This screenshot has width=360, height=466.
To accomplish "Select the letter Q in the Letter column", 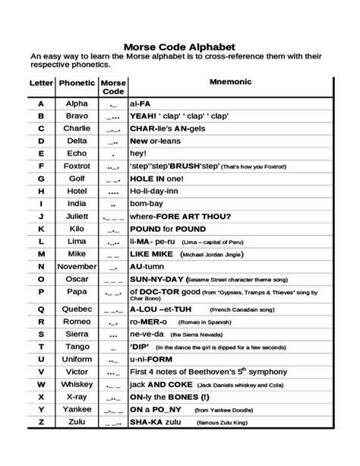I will click(41, 309).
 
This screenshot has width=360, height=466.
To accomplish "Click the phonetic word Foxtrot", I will click(77, 164).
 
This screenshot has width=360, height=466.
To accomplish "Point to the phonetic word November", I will click(77, 267).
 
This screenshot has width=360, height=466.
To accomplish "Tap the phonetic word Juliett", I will click(77, 216).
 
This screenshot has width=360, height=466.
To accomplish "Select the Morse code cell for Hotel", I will click(113, 191).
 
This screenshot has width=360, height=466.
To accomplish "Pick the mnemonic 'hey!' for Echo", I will click(138, 152).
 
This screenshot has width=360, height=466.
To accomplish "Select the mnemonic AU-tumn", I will click(146, 267).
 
